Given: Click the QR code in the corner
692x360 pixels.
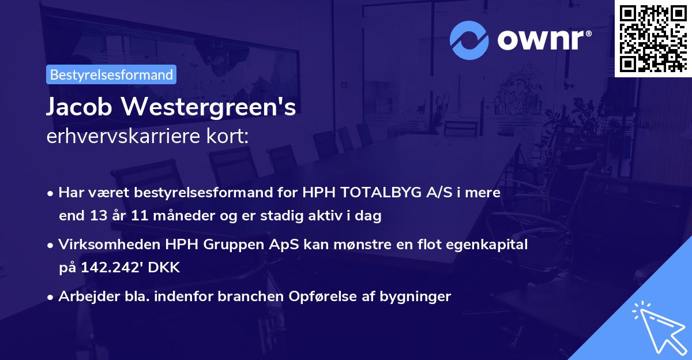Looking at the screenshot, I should click(x=653, y=38).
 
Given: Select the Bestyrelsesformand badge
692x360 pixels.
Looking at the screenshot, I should click(x=111, y=74).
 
